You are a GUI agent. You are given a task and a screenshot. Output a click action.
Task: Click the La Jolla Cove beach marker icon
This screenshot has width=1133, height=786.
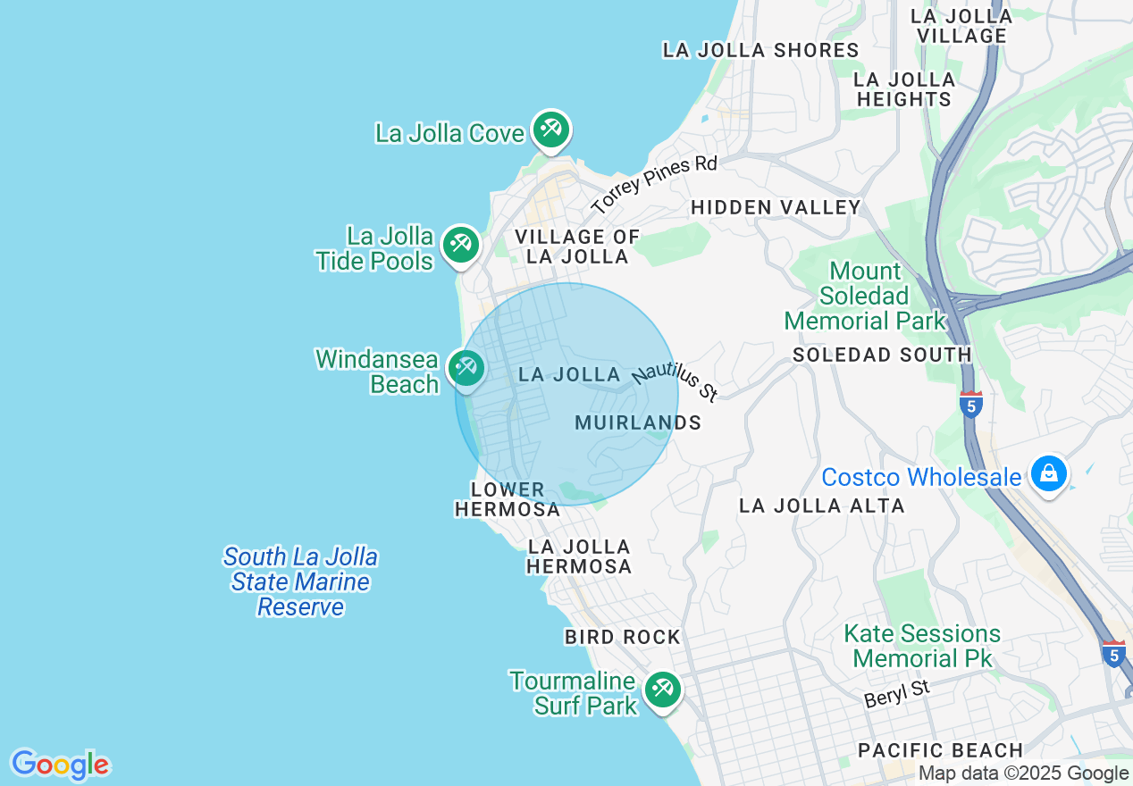(x=550, y=130)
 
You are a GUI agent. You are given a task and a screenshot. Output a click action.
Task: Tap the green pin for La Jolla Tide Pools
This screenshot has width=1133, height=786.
(x=460, y=244)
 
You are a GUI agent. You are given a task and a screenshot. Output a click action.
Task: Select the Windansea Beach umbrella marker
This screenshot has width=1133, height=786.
(x=466, y=367)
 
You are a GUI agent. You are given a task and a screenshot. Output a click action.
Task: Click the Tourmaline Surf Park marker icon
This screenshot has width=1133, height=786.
(x=661, y=690)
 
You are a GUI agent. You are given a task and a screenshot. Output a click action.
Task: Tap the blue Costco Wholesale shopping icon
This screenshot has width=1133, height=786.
(x=1048, y=472)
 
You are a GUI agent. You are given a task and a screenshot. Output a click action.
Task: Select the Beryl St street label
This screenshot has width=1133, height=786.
(x=897, y=693)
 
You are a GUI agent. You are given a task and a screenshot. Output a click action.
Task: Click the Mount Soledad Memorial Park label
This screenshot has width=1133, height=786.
(x=864, y=296)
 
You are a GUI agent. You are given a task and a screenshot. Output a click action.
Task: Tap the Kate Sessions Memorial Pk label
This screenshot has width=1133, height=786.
(x=922, y=647)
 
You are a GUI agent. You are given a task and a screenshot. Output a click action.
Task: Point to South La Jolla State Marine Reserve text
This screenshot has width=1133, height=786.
(x=300, y=582)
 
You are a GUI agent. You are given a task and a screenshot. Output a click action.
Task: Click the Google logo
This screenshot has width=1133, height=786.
(x=60, y=765)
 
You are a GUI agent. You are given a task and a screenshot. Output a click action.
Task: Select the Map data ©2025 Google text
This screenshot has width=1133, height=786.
(x=1023, y=773)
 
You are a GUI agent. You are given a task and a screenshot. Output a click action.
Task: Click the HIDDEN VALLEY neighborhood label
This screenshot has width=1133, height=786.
(x=776, y=208)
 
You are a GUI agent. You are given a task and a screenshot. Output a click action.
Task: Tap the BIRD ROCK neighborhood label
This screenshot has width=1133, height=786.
(x=622, y=637)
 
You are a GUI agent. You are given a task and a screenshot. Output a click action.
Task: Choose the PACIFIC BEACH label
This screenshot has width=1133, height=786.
(x=940, y=749)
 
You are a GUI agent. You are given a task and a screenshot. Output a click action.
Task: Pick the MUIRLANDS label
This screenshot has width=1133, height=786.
(x=638, y=422)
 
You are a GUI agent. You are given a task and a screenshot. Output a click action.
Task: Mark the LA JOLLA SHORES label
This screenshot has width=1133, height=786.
(x=760, y=50)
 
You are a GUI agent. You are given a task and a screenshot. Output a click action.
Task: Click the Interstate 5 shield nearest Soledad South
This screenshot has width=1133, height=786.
(x=970, y=405)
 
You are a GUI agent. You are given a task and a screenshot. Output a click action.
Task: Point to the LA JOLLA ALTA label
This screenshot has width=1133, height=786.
(x=821, y=506)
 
